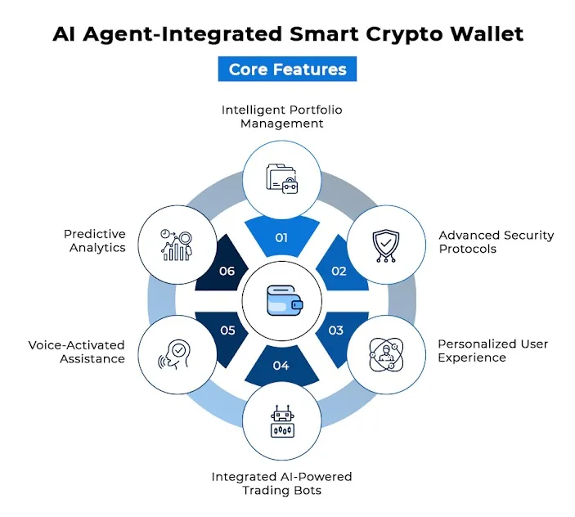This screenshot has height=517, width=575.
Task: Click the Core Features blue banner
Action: [287, 69]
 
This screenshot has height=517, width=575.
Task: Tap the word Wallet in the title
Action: [487, 34]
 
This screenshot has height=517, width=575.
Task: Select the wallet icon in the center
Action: [285, 301]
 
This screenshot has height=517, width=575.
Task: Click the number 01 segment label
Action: [281, 238]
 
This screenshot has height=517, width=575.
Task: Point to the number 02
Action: [339, 271]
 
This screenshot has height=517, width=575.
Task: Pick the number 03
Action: [336, 330]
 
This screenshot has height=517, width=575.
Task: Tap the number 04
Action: [281, 366]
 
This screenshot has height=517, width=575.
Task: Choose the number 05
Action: [227, 330]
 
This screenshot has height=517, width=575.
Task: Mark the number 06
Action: [227, 271]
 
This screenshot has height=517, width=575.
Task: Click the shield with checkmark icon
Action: [386, 245]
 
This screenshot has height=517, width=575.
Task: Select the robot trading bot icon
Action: [282, 421]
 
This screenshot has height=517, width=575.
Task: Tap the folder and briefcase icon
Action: [282, 178]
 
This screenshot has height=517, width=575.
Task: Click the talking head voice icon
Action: [174, 354]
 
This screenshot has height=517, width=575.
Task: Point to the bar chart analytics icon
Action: [177, 245]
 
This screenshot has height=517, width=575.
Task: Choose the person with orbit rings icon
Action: [386, 354]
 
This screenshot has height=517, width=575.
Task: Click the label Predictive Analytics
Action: [95, 241]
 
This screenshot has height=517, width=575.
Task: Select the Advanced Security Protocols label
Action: [496, 242]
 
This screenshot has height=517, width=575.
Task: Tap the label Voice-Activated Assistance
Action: [77, 352]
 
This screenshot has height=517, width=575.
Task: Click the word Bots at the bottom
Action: [308, 490]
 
